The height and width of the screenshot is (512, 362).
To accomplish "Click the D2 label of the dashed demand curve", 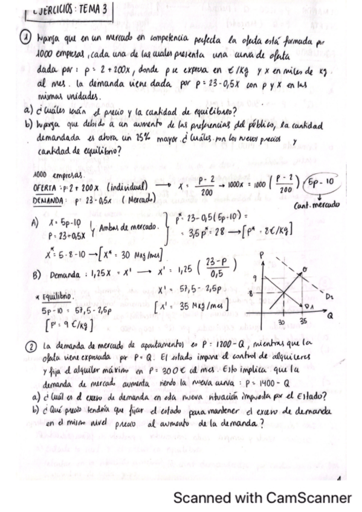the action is tap(331, 296).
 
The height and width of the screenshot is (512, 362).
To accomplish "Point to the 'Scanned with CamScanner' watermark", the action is tap(262, 498).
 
